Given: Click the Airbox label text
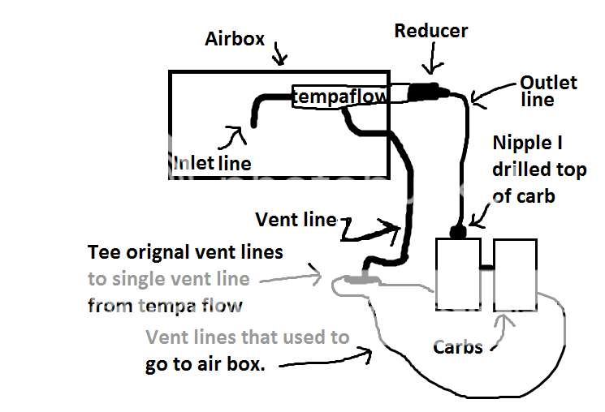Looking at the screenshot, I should [x=235, y=38].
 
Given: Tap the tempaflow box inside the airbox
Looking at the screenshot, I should [x=338, y=97].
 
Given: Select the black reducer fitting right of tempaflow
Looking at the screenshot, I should [x=423, y=92].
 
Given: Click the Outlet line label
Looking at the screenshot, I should [x=549, y=91].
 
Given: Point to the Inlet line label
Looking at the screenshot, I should [x=213, y=162].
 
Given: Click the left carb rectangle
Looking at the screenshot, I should [x=460, y=275].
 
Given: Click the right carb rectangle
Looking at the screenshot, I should [x=515, y=275].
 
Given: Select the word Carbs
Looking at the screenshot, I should [x=457, y=347].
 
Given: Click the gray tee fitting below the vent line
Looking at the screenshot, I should [x=360, y=280].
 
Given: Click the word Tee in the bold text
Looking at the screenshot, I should [x=104, y=252].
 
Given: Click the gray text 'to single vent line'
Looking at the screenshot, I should [x=169, y=279].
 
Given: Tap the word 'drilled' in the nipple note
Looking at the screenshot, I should [x=524, y=170].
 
